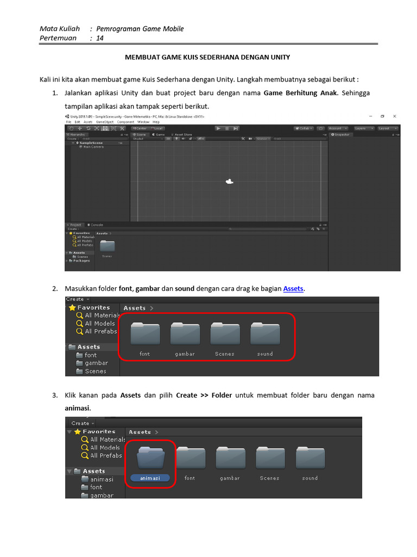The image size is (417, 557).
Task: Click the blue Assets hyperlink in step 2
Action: coord(293,288)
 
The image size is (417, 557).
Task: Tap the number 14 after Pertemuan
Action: coord(100,38)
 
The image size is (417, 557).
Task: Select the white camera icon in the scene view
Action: coord(229,182)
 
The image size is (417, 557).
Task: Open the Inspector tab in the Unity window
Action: coord(342,134)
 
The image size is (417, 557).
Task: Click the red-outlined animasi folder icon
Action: coord(151,457)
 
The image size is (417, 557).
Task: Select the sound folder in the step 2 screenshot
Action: coord(265,334)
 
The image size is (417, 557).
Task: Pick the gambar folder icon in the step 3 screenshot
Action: coord(230,457)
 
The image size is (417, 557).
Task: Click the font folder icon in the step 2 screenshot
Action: coord(145,334)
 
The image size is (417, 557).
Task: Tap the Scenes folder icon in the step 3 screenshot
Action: coord(270,457)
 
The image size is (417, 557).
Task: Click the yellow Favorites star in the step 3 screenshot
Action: coord(78,431)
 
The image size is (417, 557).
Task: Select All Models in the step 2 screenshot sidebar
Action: coord(99,323)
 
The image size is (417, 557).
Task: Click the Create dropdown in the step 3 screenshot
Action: coord(82,423)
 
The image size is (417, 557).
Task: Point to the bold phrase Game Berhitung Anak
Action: coord(300,93)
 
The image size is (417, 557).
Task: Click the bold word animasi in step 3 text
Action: coord(78,408)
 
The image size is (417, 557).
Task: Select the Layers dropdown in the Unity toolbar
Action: coord(362,128)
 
